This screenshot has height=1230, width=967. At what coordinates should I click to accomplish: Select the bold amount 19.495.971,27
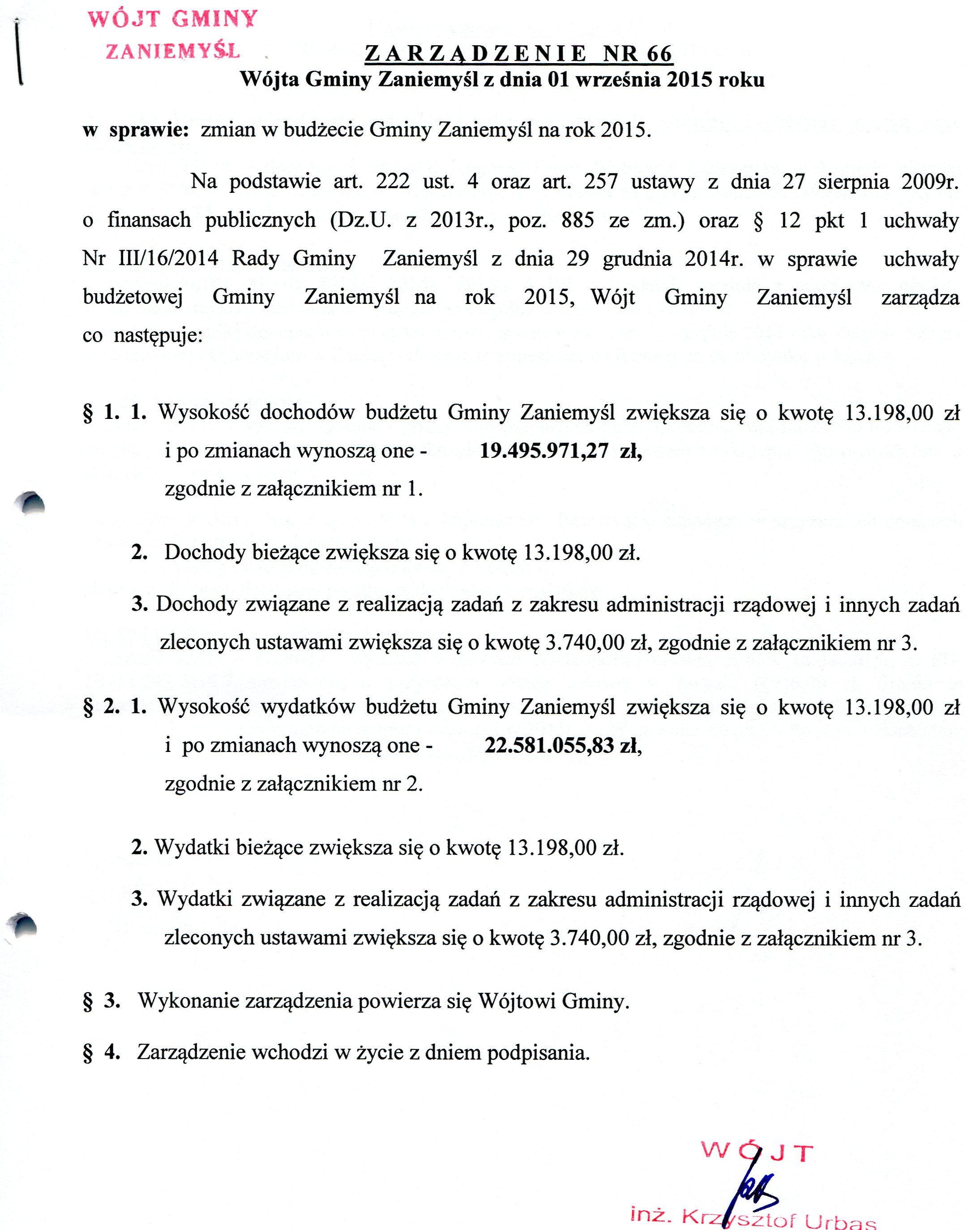coord(543,451)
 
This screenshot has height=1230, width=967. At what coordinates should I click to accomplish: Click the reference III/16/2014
coord(168,259)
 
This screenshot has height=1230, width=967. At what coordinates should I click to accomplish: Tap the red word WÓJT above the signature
coord(757,1151)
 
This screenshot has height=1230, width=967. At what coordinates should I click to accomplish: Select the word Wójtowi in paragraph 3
coord(517,1001)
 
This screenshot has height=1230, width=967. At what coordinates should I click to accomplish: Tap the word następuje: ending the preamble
coord(158,336)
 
